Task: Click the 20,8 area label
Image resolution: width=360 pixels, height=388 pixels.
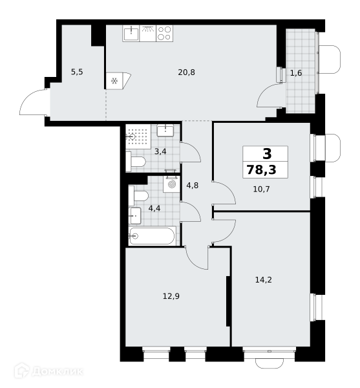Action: click(x=186, y=72)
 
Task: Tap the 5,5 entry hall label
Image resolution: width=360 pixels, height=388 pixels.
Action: click(x=77, y=72)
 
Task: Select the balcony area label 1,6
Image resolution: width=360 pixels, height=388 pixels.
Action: click(x=296, y=73)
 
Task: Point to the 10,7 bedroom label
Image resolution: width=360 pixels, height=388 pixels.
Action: click(x=261, y=189)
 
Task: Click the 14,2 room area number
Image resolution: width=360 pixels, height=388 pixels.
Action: click(x=263, y=280)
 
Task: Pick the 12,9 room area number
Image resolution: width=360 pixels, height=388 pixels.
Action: click(x=171, y=296)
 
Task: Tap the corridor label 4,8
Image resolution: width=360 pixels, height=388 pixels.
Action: click(x=193, y=186)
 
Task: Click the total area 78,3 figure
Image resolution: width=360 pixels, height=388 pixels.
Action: click(x=261, y=169)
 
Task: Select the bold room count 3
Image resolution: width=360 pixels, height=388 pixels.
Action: click(x=267, y=154)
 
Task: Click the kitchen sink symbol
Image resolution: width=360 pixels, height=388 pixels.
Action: click(x=131, y=34)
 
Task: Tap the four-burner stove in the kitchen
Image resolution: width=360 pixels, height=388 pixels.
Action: click(x=164, y=34)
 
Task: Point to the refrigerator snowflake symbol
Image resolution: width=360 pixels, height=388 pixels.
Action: click(x=114, y=81)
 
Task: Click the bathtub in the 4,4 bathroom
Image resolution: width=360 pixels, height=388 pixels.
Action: click(x=152, y=236)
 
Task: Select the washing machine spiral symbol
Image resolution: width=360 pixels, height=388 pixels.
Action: click(x=171, y=184)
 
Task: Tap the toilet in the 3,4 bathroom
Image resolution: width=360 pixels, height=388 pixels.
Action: click(x=136, y=162)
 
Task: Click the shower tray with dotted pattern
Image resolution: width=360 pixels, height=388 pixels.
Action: click(x=138, y=136)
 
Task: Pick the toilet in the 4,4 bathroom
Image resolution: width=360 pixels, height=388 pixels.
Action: click(x=138, y=196)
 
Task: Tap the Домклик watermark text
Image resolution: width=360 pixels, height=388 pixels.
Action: click(x=58, y=371)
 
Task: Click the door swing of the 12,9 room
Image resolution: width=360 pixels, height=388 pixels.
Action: click(x=197, y=258)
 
